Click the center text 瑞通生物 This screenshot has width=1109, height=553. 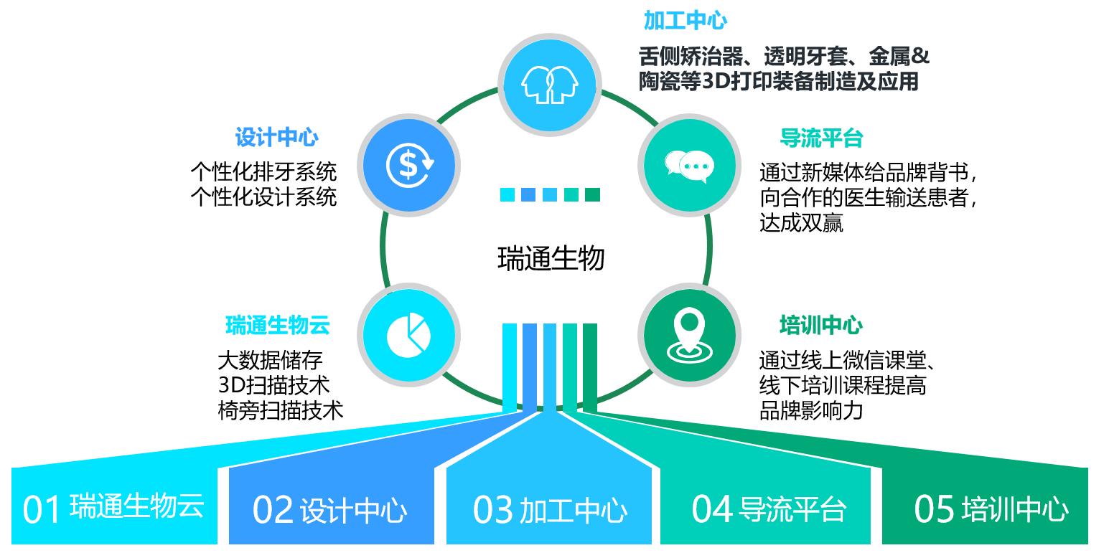551,258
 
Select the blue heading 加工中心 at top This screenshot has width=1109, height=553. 685,21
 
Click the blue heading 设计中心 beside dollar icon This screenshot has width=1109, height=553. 276,137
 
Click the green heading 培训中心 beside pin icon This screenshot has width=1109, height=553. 821,325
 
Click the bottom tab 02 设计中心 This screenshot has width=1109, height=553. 330,509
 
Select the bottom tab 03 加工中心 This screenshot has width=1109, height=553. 550,509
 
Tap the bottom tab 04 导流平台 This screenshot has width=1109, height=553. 768,509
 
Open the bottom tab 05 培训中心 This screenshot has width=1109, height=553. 991,509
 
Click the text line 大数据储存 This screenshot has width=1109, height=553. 270,359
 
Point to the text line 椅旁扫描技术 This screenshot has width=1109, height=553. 280,410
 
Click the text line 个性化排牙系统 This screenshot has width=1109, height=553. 263,171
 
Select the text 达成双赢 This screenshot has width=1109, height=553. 801,223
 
